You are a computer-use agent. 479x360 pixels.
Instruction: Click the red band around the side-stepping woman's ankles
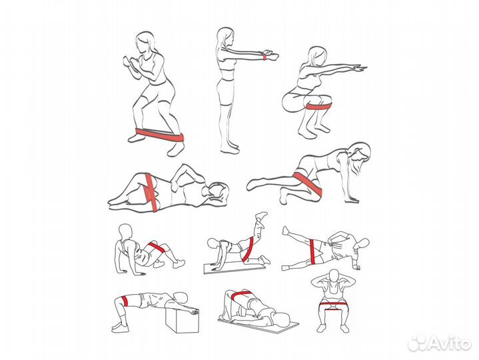(160, 135)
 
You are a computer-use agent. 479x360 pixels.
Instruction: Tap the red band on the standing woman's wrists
(264, 57)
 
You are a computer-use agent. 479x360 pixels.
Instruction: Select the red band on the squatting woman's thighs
(319, 106)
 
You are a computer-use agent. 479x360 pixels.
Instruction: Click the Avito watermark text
(450, 343)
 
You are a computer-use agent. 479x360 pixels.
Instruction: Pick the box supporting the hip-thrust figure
(183, 320)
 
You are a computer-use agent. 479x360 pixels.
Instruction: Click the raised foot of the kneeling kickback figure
(262, 215)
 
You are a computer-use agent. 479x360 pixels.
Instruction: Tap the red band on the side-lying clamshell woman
(151, 192)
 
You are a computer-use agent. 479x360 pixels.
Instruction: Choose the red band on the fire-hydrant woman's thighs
(307, 184)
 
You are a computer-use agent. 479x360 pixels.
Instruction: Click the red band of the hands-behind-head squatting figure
(331, 306)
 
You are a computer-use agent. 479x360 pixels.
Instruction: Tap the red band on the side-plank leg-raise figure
(312, 251)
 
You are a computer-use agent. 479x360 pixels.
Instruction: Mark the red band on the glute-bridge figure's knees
(241, 295)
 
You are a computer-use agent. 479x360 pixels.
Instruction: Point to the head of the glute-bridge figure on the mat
(284, 319)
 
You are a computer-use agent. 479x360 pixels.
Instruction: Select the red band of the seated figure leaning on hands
(156, 247)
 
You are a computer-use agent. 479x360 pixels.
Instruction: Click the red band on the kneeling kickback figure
(248, 250)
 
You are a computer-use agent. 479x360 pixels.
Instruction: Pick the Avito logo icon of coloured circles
(418, 343)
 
